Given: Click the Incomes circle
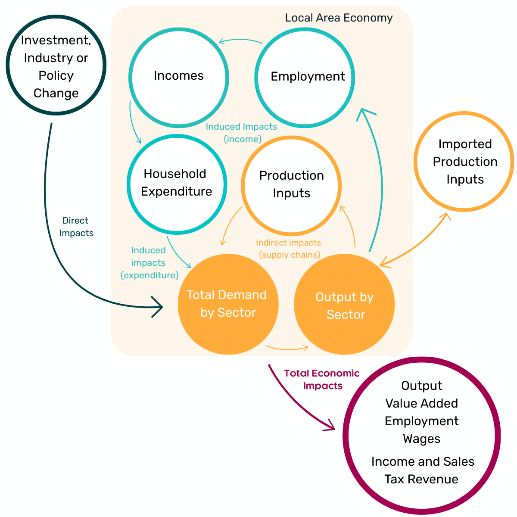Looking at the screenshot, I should pos(178,78).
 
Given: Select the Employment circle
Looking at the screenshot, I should pos(305,77).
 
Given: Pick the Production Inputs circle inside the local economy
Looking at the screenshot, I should pos(291,185).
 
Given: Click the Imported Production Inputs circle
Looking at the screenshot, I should pos(464,162).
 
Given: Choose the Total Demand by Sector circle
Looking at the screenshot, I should pos(228,304).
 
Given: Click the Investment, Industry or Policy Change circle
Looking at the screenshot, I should pos(56,65).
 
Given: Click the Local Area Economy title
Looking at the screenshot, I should pos(339,18).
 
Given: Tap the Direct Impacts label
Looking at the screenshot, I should pos(76,227).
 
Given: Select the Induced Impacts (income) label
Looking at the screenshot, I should pos(241,133).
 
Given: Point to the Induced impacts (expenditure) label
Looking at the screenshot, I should pos(149,263).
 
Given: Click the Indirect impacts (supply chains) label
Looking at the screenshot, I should pos(289,249).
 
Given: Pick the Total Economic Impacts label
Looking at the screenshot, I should pos(322,380).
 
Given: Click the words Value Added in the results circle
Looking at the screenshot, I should pos(421,403).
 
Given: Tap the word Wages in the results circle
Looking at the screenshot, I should pos(421,439).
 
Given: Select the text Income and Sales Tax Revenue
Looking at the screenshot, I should pos(422,470).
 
